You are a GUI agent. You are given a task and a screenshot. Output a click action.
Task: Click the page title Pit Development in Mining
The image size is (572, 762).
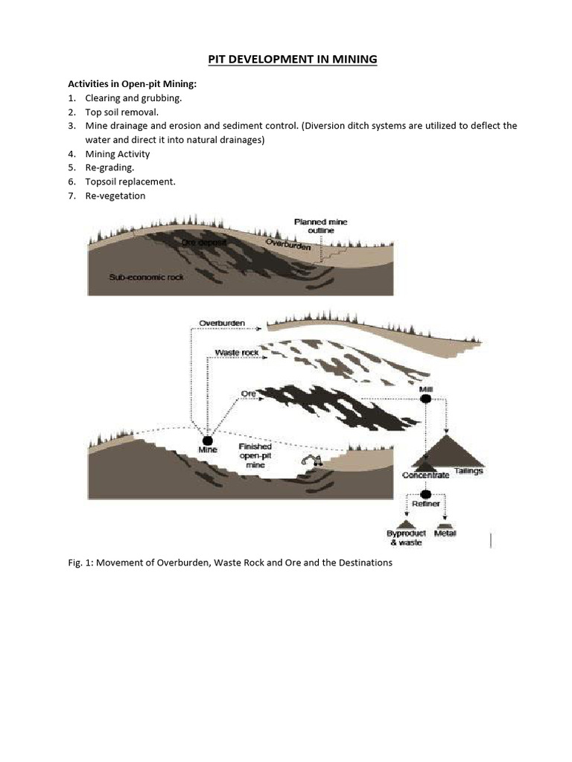tap(286, 59)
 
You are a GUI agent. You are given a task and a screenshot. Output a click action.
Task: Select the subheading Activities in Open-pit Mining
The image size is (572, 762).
tap(132, 84)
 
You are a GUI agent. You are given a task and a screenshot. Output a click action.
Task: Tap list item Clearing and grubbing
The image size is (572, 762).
tap(133, 97)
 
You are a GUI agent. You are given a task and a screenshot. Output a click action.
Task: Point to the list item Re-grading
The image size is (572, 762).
tap(110, 167)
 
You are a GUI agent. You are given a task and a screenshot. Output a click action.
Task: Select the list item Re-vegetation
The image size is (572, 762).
tap(115, 196)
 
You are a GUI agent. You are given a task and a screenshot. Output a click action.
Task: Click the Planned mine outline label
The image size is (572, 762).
tap(320, 226)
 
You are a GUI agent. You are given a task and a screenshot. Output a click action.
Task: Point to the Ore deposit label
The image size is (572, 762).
tap(203, 243)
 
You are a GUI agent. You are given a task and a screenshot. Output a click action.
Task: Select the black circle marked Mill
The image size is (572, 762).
tap(425, 399)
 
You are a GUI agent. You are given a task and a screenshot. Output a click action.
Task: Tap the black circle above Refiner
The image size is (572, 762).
tap(426, 494)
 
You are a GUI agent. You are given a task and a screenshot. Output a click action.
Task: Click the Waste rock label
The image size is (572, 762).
tap(237, 352)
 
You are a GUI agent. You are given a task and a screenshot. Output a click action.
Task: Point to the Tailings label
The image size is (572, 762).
tap(469, 471)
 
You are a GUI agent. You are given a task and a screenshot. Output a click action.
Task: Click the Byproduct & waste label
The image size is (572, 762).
tap(405, 538)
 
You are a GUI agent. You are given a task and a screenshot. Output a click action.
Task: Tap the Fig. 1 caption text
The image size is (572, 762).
tap(229, 563)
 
